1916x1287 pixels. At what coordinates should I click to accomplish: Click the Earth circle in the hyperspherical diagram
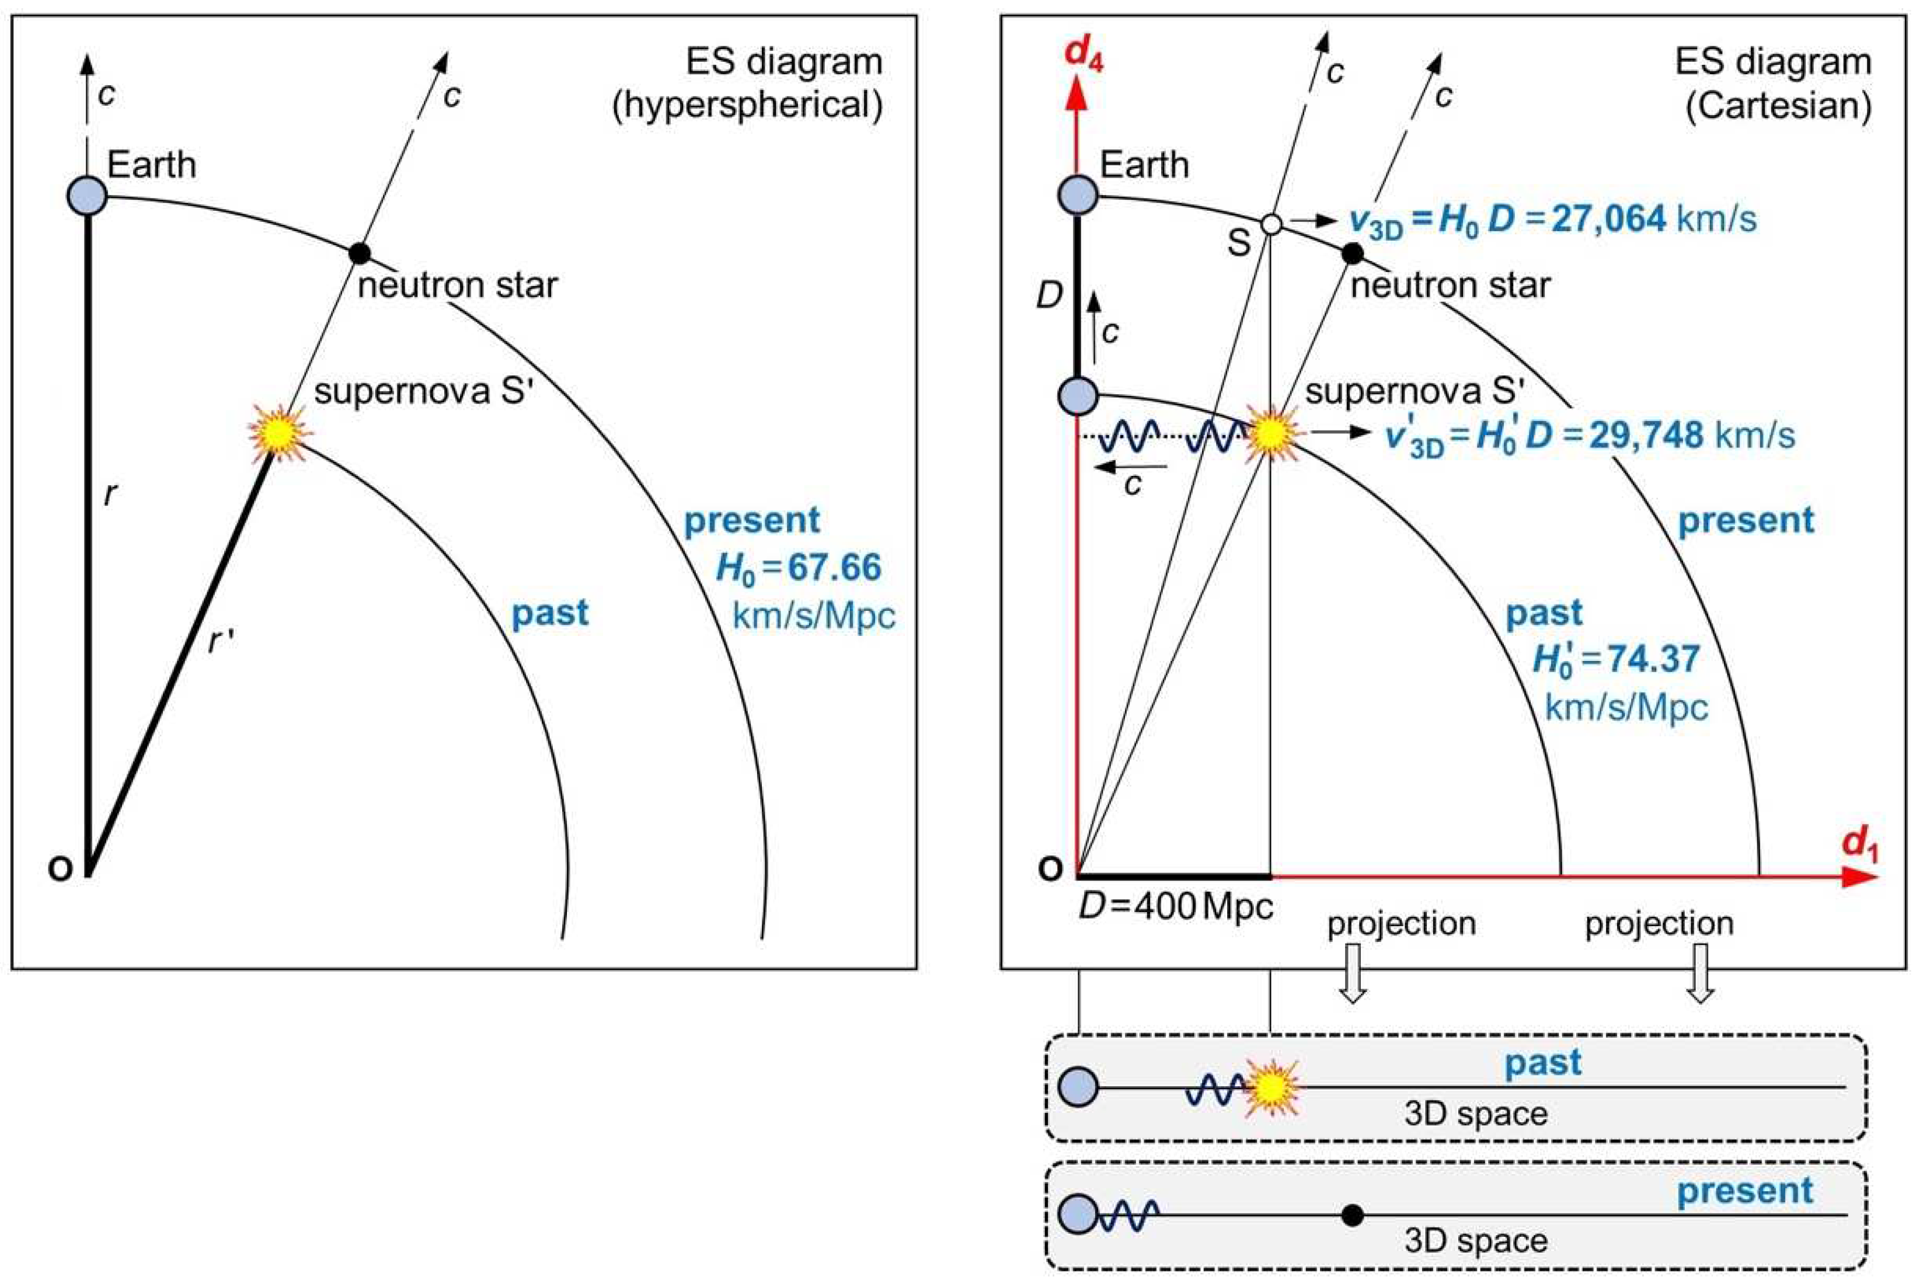coord(87,196)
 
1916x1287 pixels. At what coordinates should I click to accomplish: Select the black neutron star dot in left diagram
coord(360,253)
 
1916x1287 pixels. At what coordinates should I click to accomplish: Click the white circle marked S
coord(1270,223)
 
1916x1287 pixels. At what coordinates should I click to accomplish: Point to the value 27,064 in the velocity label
coord(1608,219)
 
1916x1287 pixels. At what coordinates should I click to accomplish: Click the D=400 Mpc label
coord(1175,907)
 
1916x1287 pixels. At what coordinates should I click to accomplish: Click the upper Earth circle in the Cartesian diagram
coord(1078,196)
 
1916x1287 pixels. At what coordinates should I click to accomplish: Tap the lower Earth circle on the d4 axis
coord(1078,396)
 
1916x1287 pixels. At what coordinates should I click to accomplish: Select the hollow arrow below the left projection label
coord(1353,973)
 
